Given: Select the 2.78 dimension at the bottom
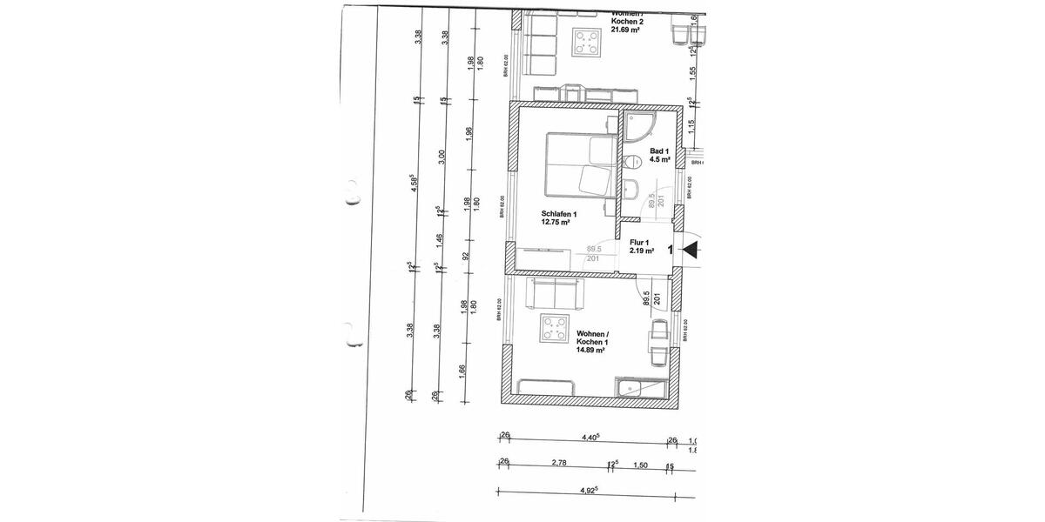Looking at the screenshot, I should click(x=559, y=464).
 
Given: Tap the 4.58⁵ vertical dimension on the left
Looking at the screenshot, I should click(x=415, y=182).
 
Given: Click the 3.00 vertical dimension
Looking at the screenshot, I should click(x=442, y=157).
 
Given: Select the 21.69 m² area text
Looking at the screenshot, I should click(x=625, y=30).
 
